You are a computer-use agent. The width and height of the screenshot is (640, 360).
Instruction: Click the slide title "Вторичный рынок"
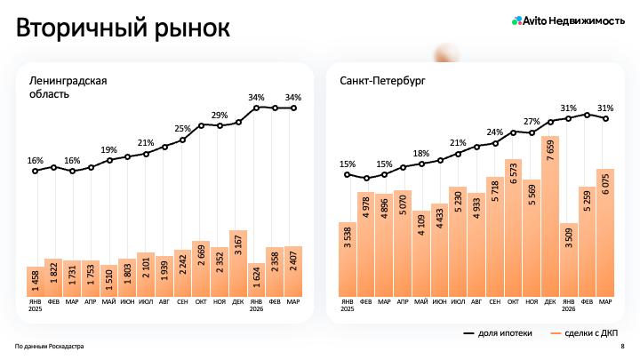(x=124, y=28)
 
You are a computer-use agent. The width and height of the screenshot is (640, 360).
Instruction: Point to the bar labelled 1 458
(x=36, y=282)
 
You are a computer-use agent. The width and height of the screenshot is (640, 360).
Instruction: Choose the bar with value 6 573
(x=513, y=228)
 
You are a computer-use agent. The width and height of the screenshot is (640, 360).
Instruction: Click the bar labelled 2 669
(x=201, y=268)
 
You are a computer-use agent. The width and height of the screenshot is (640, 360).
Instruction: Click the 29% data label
(x=219, y=116)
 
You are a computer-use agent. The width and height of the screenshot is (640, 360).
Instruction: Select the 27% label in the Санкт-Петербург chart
(x=532, y=122)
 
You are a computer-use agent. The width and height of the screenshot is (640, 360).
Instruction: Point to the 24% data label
(x=494, y=132)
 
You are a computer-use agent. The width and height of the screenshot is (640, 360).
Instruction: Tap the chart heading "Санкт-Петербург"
(x=382, y=80)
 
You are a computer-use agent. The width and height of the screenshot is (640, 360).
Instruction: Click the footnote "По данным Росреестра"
(x=50, y=347)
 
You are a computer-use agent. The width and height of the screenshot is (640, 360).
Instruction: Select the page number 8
(x=622, y=347)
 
